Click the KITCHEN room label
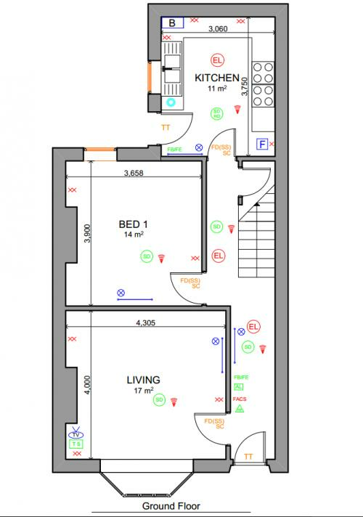tap(216, 77)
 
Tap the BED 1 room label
tap(132, 224)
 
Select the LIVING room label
tap(143, 379)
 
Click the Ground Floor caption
tap(171, 506)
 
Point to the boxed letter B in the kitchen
tap(172, 23)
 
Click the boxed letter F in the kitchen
tap(262, 144)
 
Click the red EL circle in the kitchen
tap(216, 60)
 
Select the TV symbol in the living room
tap(76, 433)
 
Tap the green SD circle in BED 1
tap(146, 256)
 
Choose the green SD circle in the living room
tap(159, 399)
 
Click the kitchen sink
tap(173, 70)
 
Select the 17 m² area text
tap(143, 390)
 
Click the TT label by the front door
tap(248, 457)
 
